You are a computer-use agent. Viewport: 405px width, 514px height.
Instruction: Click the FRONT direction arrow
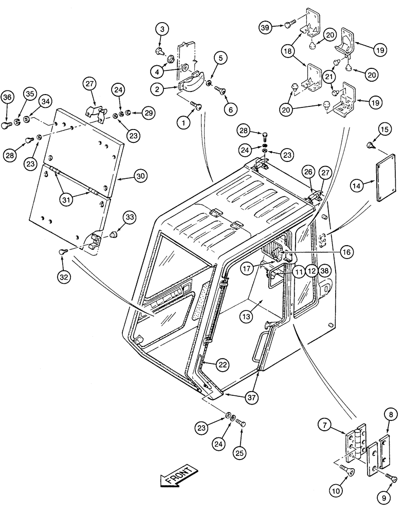point(177,475)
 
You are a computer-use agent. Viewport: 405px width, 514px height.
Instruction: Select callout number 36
point(7,97)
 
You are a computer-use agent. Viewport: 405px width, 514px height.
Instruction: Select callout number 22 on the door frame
point(222,364)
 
